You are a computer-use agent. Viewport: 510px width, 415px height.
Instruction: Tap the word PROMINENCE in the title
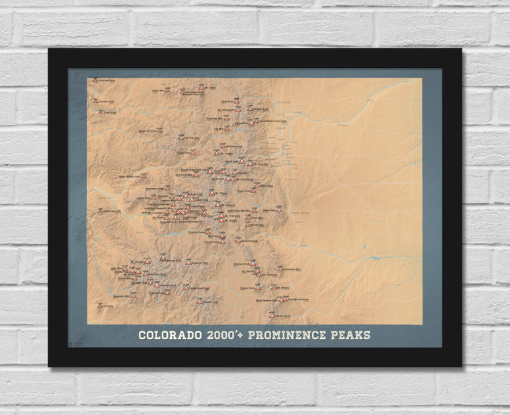(x=283, y=334)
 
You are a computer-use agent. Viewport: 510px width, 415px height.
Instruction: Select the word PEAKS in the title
(x=348, y=334)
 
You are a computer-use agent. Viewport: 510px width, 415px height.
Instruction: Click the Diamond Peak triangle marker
(x=95, y=80)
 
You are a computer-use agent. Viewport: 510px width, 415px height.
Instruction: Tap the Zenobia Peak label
(x=108, y=101)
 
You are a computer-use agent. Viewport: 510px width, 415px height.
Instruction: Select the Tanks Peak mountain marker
(x=101, y=112)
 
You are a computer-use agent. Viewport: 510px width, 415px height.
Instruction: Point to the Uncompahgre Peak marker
(x=162, y=258)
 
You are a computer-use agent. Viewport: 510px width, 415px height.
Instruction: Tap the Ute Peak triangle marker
(x=100, y=305)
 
